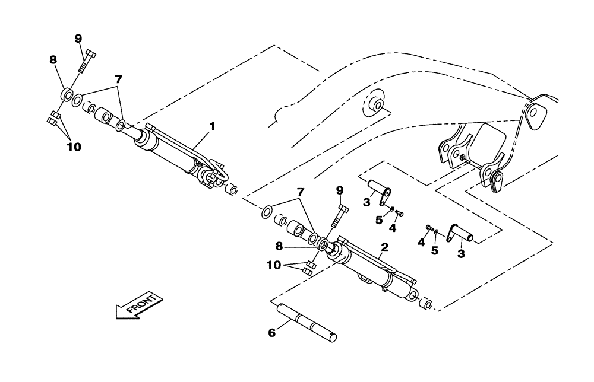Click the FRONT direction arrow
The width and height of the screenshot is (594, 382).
[137, 305]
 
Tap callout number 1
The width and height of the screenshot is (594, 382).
[212, 126]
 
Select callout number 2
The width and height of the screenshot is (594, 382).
[385, 246]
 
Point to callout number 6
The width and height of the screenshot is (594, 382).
[271, 333]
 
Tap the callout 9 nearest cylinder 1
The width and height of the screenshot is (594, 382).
[78, 39]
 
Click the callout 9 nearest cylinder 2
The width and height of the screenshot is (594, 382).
[340, 190]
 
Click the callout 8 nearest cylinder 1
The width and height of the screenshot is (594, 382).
[53, 60]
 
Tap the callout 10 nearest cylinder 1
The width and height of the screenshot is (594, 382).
[74, 145]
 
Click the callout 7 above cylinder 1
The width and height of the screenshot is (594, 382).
[119, 79]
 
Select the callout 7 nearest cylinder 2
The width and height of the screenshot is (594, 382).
[301, 193]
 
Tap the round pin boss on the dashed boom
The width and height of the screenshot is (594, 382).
[375, 106]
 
